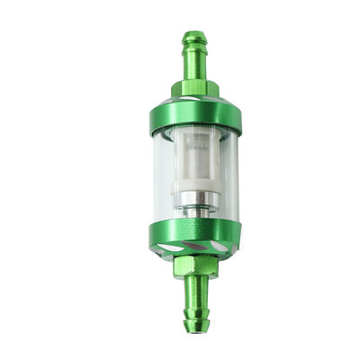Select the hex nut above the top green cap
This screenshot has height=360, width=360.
(x=193, y=88)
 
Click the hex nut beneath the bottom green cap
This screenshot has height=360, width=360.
(x=195, y=265)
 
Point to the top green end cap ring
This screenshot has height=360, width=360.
(x=194, y=114)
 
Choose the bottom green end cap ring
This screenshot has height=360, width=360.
(x=194, y=231)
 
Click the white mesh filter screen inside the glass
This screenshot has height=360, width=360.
(x=194, y=162)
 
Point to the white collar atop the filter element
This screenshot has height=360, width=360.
(x=194, y=133)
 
